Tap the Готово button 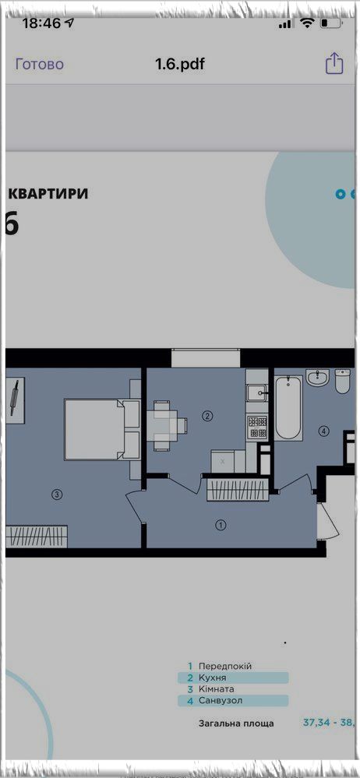click(40, 65)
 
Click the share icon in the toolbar click(334, 64)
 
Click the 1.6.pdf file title click(180, 65)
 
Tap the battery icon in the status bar click(330, 23)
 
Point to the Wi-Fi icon click(308, 23)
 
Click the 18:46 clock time click(41, 23)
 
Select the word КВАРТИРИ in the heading click(48, 193)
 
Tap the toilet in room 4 click(343, 381)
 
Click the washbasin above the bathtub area click(318, 378)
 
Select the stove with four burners click(257, 427)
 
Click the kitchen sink click(256, 393)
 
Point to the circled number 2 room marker click(207, 417)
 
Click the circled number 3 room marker click(58, 495)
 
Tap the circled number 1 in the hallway click(221, 524)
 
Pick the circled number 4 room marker click(324, 431)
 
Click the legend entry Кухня click(213, 678)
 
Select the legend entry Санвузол click(220, 701)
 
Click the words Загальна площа click(236, 723)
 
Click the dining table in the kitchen click(166, 425)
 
